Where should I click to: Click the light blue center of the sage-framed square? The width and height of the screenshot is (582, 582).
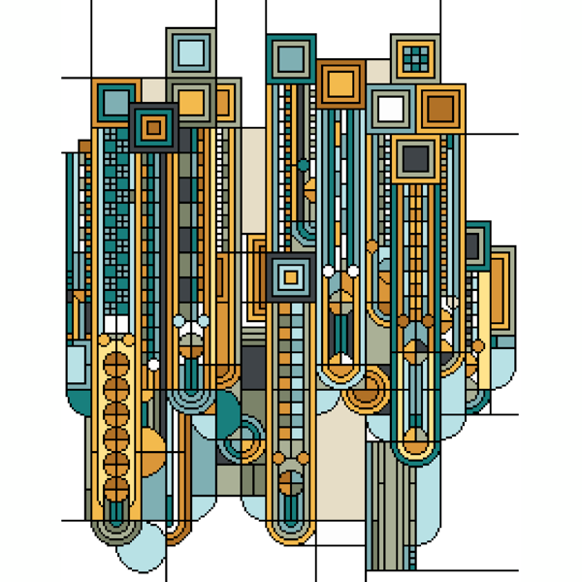(x=191, y=51)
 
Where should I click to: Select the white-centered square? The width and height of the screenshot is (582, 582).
(x=391, y=109)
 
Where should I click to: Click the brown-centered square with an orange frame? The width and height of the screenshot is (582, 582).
(x=441, y=109)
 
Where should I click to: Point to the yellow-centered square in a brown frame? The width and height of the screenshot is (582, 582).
(x=339, y=82)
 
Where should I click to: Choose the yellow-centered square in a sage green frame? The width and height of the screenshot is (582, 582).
(x=191, y=100)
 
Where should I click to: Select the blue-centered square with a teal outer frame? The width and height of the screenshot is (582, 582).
(x=289, y=58)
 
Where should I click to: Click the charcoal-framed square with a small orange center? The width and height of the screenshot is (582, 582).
(x=152, y=125)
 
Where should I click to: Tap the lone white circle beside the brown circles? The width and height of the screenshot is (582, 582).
(x=152, y=365)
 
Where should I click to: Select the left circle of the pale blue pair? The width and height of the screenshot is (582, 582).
(x=178, y=321)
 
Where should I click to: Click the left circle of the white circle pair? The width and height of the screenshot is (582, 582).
(x=328, y=271)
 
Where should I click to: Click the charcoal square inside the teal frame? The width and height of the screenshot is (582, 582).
(x=474, y=246)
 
